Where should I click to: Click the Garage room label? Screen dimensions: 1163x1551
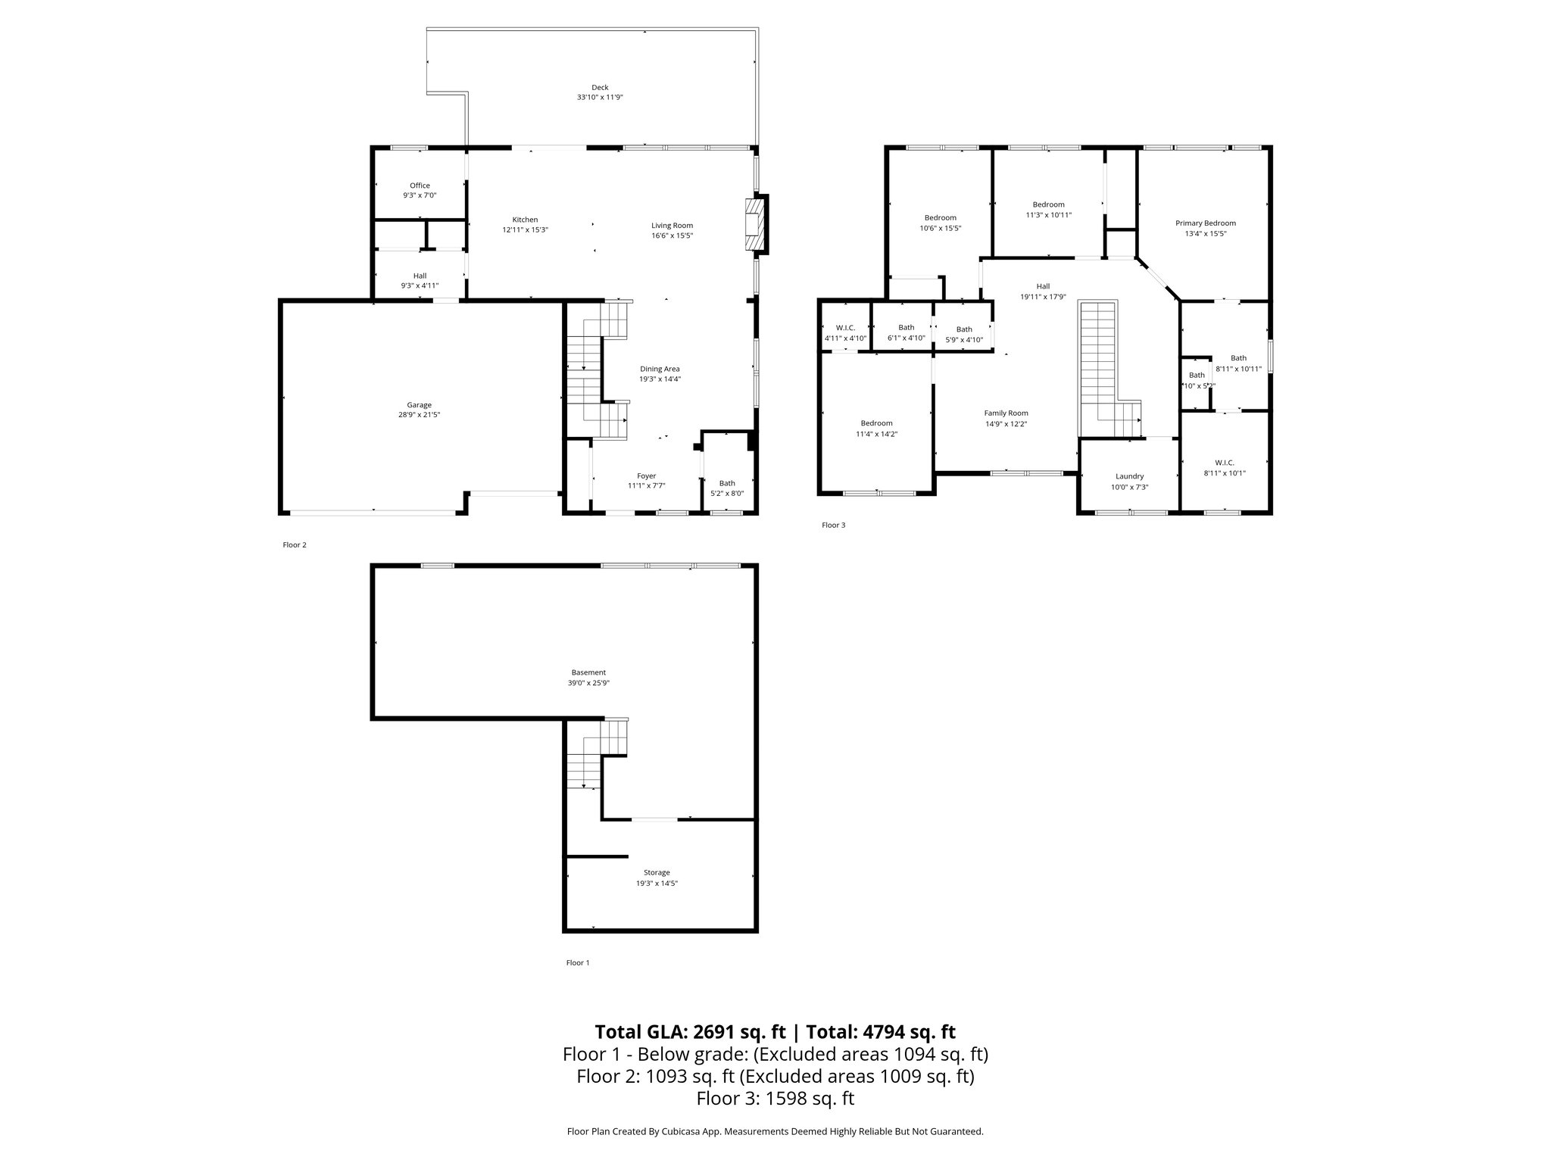[419, 405]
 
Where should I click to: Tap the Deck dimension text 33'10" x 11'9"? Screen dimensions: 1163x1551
[600, 98]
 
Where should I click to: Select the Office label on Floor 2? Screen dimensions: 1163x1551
[420, 186]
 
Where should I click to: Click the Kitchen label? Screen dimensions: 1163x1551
[525, 220]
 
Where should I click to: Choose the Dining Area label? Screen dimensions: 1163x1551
[660, 369]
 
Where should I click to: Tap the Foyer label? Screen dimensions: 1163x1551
[646, 475]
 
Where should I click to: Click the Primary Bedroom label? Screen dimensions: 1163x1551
[1205, 223]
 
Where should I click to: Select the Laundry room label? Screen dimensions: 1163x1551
[1129, 476]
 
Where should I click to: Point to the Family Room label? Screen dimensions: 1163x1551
[1006, 413]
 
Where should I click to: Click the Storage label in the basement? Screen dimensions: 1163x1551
[657, 872]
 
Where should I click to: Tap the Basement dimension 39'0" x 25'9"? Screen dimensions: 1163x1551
[588, 683]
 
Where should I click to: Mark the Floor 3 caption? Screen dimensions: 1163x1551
[833, 525]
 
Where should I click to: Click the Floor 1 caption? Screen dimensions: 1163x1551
[577, 963]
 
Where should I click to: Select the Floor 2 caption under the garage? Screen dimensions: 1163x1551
[294, 545]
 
